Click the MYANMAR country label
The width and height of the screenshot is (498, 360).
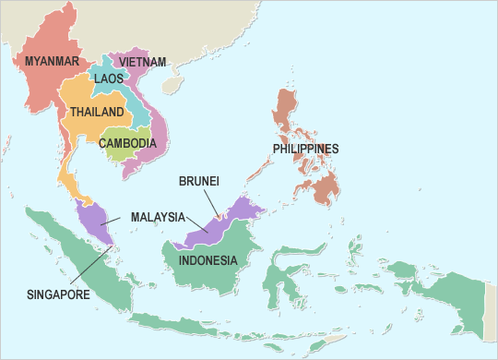(51, 62)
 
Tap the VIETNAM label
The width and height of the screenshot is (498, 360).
(143, 62)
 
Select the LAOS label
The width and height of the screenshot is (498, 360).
(108, 79)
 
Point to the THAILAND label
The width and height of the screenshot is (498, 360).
(97, 112)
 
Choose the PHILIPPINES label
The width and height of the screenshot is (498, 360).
(306, 149)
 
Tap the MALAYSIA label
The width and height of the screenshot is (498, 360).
(156, 217)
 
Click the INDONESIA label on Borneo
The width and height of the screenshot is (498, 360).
(208, 259)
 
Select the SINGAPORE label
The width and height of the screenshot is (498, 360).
(58, 294)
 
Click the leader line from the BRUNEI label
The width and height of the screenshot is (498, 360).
(208, 203)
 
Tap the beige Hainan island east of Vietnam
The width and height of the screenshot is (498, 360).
(172, 84)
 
